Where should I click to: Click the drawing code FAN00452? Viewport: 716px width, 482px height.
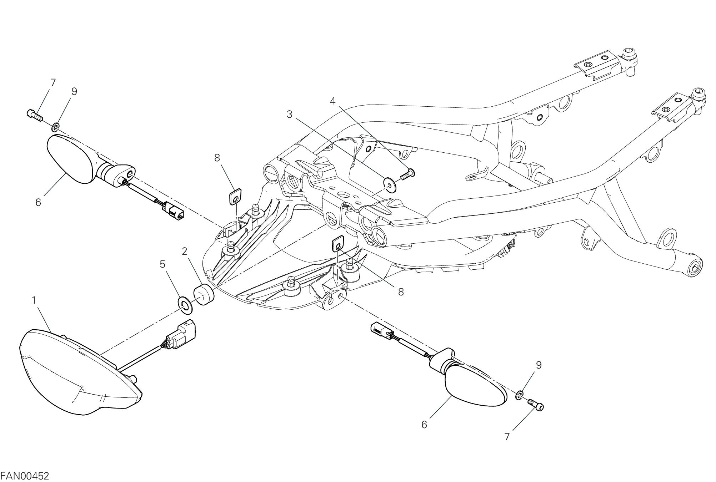pos(24,476)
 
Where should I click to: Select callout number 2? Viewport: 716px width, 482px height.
pos(184,251)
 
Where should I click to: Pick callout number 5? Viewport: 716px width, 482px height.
pos(162,264)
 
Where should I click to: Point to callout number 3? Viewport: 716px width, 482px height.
pos(289,115)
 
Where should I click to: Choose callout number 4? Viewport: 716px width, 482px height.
pos(332,101)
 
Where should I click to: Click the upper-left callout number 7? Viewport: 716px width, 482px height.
pos(53,82)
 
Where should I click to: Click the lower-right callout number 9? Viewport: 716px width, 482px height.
pos(539,365)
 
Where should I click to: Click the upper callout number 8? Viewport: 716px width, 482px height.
pos(217,157)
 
